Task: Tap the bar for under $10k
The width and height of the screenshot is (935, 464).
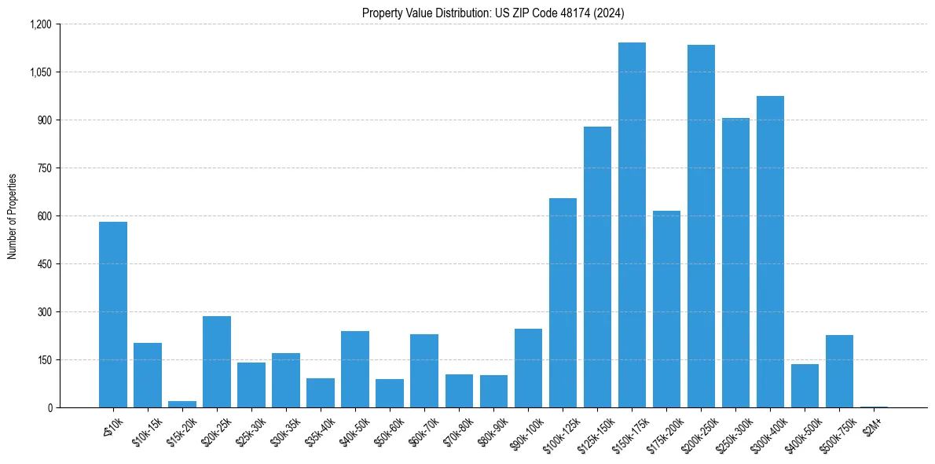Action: (x=113, y=315)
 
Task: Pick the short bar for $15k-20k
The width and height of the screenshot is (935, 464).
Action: (x=182, y=404)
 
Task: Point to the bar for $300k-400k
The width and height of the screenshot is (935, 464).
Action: (x=770, y=252)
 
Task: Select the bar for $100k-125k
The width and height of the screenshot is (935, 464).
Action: (x=563, y=303)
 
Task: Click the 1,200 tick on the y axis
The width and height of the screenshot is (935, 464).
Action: (x=39, y=24)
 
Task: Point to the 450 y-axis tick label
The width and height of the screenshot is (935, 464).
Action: (x=43, y=264)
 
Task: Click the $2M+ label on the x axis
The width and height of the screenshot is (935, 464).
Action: (x=873, y=425)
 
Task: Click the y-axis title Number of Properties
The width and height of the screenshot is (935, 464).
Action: (x=13, y=216)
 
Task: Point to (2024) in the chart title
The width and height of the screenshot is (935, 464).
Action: (x=610, y=13)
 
